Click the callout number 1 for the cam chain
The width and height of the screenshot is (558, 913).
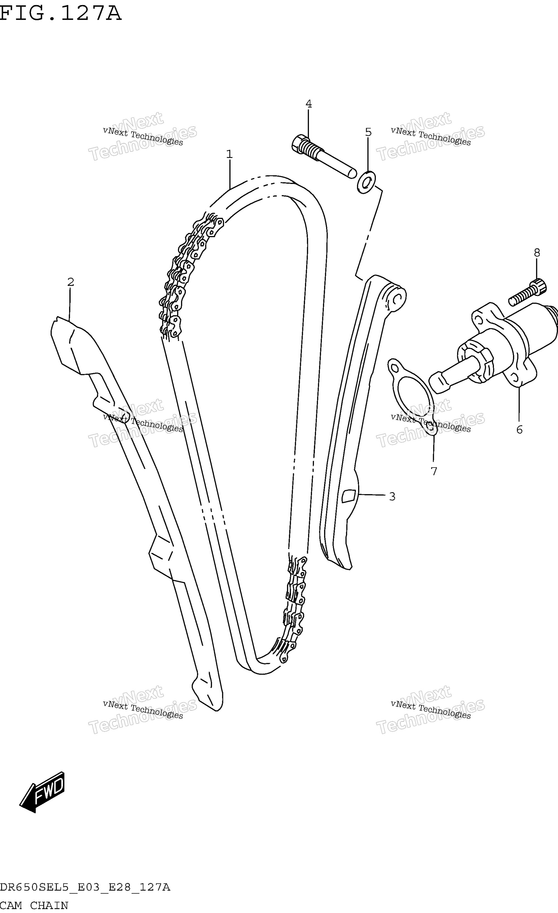pos(230,154)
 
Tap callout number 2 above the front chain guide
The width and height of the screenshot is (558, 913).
pos(71,282)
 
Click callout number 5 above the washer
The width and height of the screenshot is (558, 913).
pos(368,132)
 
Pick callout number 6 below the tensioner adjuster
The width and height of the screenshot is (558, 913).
pos(520,430)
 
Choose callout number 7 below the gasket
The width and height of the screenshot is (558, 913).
pos(434,471)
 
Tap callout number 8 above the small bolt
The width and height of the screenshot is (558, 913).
pos(537,253)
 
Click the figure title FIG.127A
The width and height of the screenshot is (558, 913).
pos(61,13)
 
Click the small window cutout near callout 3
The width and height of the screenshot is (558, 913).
pos(349,496)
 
